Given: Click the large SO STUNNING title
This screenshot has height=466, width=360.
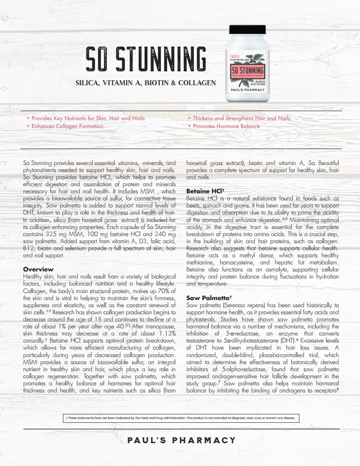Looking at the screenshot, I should point(145,59).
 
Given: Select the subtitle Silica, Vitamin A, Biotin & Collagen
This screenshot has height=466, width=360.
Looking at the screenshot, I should point(145,83).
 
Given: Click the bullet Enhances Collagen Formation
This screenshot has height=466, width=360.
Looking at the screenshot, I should point(67,126).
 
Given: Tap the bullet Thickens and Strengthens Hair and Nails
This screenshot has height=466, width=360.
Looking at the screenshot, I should point(242,118).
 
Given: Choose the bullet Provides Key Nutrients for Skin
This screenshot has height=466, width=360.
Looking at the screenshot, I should point(88,118).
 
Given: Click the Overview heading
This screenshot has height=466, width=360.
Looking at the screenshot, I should point(38,269).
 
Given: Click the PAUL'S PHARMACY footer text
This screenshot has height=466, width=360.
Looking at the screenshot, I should point(181,440).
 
